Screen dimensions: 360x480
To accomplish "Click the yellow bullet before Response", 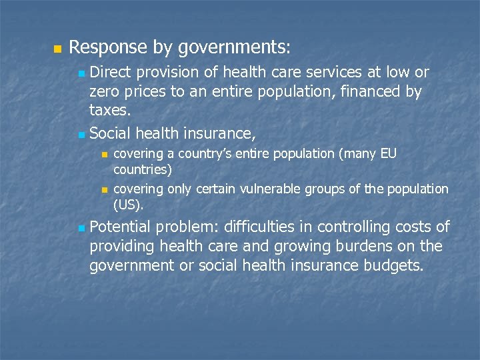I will tap(57, 49).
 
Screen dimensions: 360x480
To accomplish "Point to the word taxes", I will tap(109, 111).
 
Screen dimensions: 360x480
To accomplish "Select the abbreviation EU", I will tap(388, 154).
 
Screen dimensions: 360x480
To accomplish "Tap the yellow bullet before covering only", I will tap(104, 190).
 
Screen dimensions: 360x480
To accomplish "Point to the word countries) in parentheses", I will tap(143, 169).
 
